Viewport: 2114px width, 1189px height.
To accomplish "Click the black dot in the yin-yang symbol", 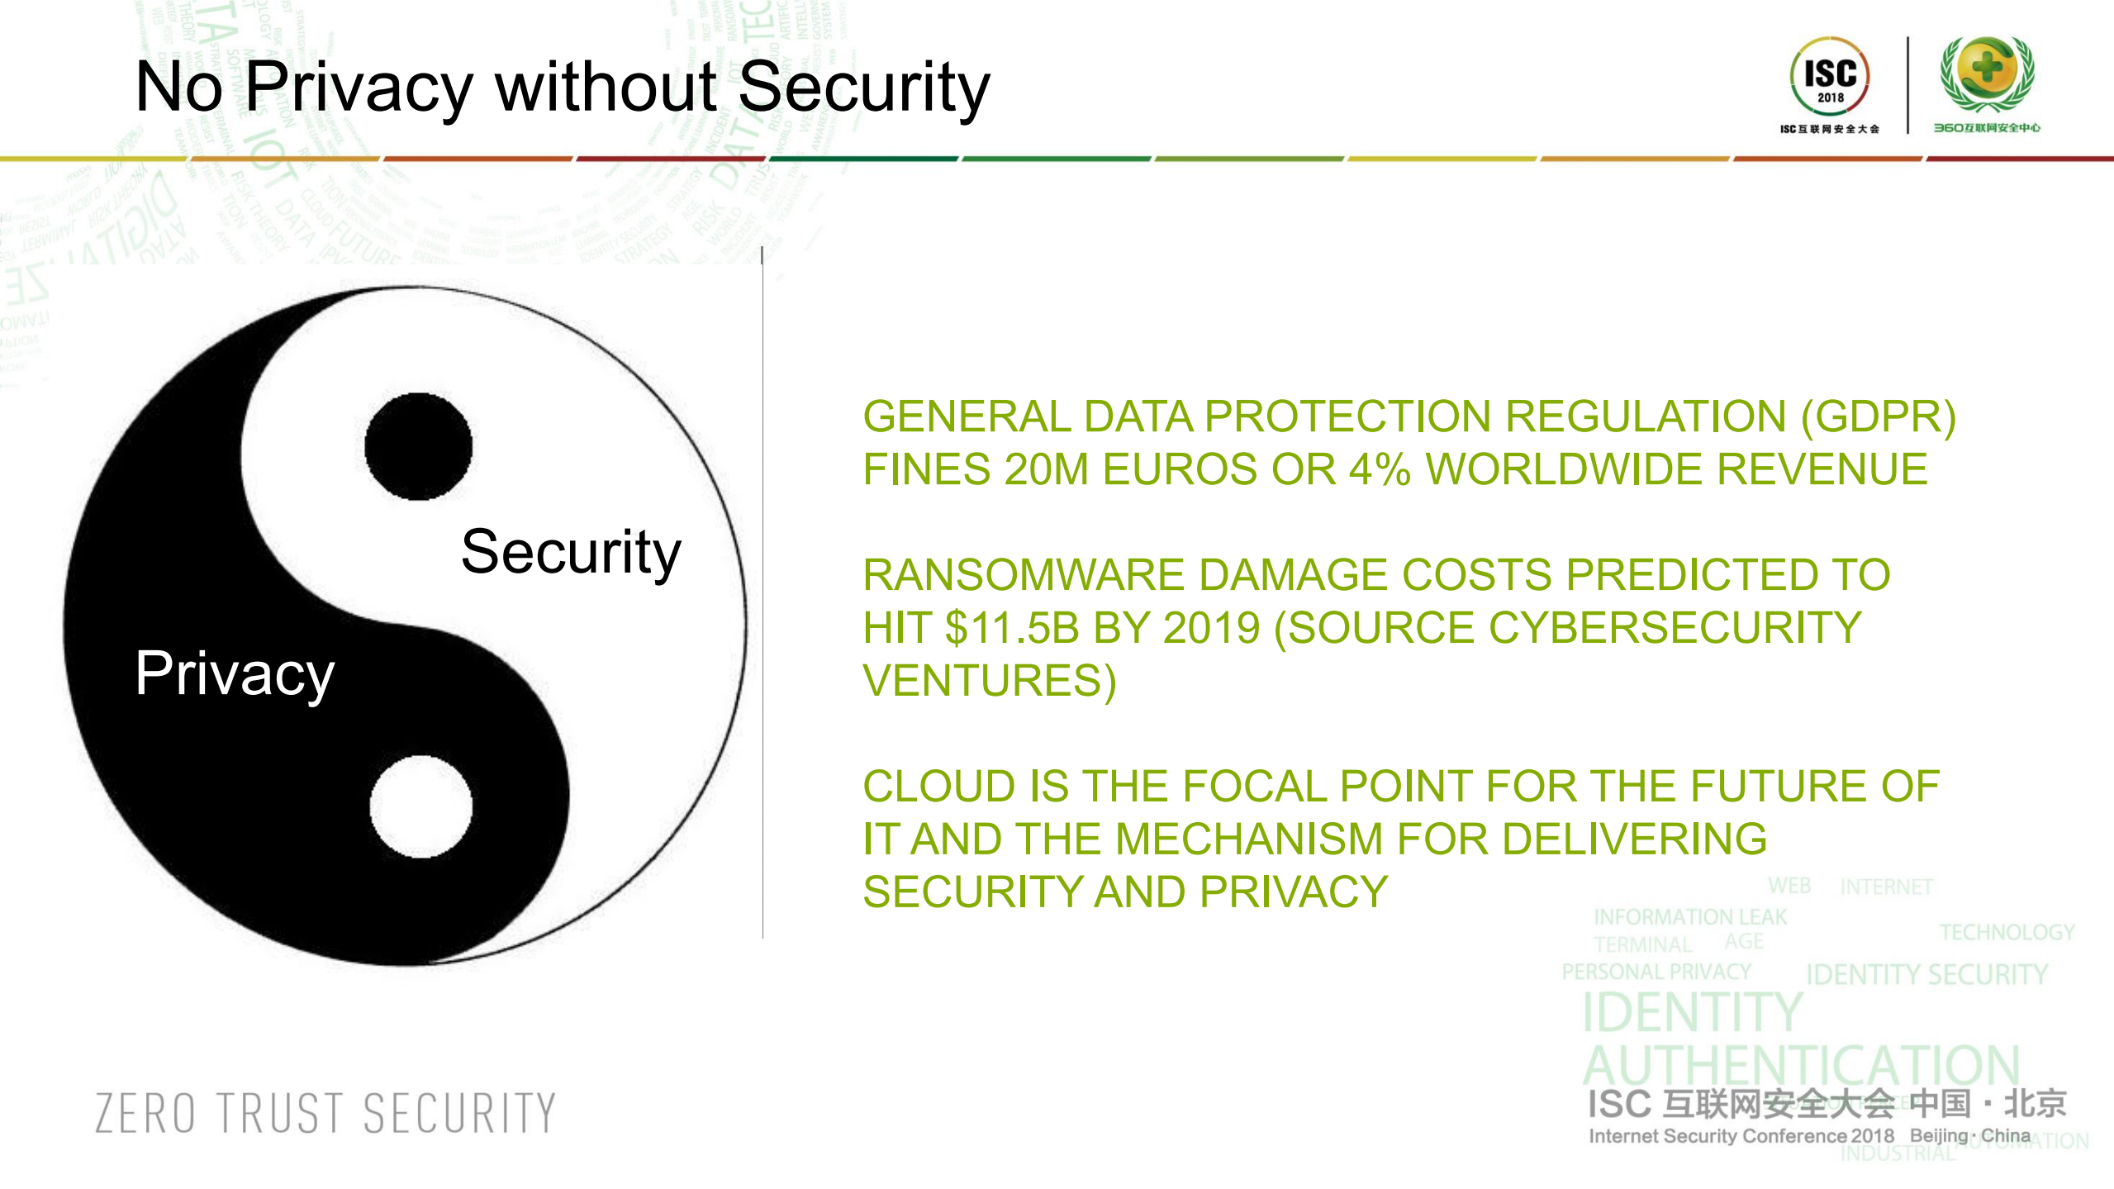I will [418, 446].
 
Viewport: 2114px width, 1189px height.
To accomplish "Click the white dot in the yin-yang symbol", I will [421, 806].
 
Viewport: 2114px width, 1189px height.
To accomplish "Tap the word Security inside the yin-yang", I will [571, 552].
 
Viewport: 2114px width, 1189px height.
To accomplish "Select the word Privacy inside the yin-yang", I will [235, 674].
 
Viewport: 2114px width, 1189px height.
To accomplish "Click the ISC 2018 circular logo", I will [1830, 76].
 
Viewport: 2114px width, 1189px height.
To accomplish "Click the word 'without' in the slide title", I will [606, 87].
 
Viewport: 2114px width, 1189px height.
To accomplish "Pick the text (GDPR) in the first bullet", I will [1877, 416].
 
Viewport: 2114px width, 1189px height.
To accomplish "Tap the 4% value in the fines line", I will [1379, 469].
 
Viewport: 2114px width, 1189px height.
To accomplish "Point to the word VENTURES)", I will [989, 681].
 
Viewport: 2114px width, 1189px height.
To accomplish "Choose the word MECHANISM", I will [1248, 839].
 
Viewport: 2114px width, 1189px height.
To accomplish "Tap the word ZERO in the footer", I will [145, 1113].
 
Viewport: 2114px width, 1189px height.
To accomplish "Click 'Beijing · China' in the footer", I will [1970, 1136].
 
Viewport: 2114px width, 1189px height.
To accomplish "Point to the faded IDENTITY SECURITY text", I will [1926, 975].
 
